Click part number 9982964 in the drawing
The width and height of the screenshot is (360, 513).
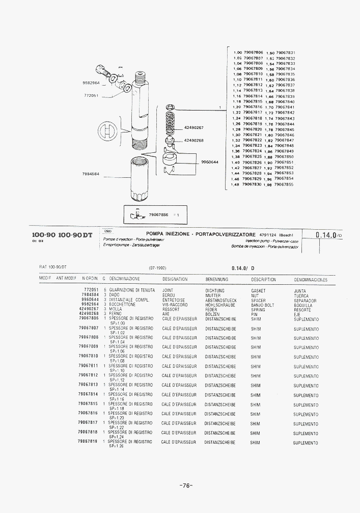point(91,83)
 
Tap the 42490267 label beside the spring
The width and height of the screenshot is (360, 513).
point(193,127)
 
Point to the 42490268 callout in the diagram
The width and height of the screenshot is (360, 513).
point(193,140)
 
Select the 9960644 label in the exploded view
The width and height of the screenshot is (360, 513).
point(210,162)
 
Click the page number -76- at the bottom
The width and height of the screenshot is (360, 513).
point(186,485)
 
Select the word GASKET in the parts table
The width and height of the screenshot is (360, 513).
point(258,290)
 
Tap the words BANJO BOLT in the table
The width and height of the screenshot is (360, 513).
point(262,305)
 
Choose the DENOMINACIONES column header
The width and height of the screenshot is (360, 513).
point(311,280)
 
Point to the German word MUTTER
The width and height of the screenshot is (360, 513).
point(213,295)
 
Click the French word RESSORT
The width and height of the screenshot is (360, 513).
point(171,309)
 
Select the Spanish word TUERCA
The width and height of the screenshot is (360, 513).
point(301,295)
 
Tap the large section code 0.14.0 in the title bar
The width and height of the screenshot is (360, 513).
point(326,235)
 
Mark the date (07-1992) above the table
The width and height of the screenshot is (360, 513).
point(158,267)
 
